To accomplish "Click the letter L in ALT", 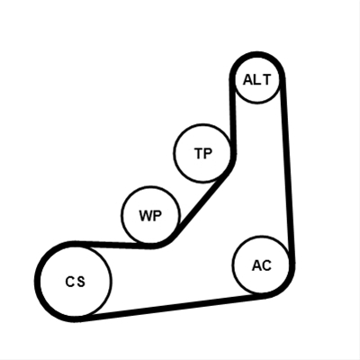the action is [x=257, y=80].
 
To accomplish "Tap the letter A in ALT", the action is [x=247, y=80].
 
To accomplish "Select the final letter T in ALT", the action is [x=265, y=80].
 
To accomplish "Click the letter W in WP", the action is [x=146, y=216].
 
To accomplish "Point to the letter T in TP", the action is [x=198, y=153].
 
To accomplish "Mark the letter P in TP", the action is [x=208, y=153].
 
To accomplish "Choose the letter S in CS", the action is [x=80, y=282].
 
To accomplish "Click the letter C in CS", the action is [x=69, y=282].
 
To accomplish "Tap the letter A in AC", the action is [x=257, y=265].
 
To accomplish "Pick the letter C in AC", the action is [x=267, y=265].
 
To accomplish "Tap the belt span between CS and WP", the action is [x=115, y=245].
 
